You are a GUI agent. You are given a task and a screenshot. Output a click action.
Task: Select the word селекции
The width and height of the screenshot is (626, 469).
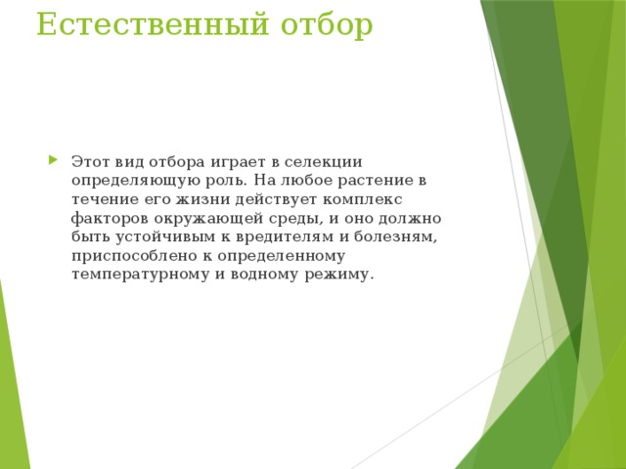329,162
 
